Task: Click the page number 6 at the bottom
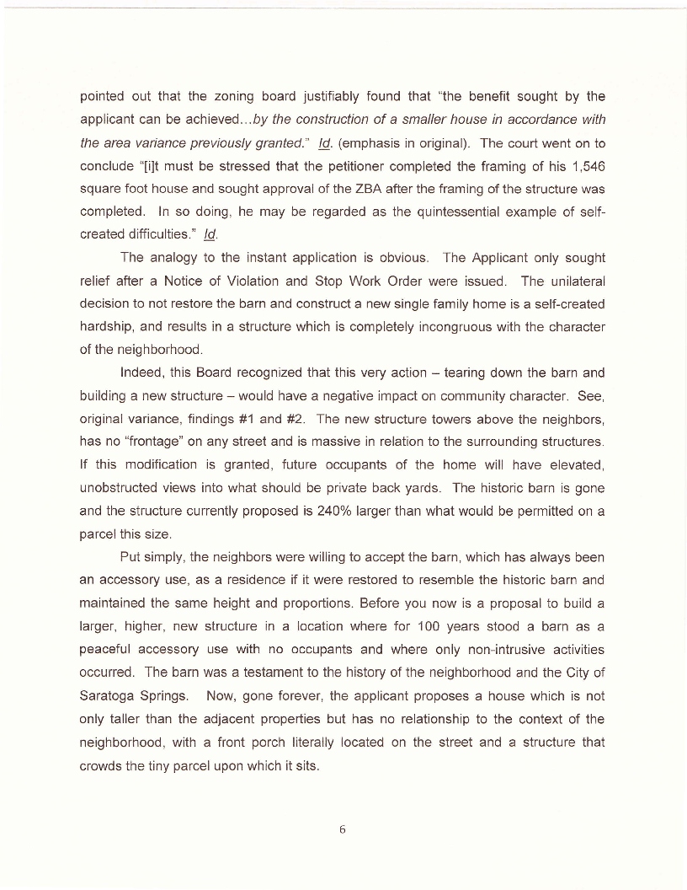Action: (343, 829)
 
